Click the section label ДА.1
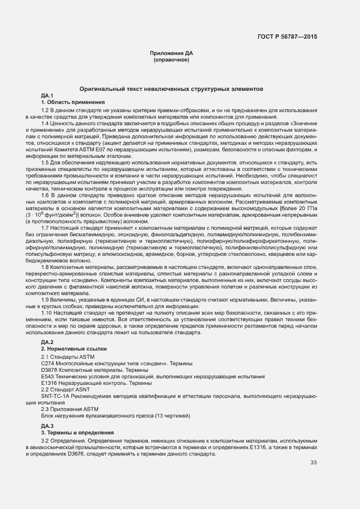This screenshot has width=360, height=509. (x=47, y=96)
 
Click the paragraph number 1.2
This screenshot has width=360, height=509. (x=45, y=111)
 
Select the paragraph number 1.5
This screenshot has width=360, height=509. (x=45, y=162)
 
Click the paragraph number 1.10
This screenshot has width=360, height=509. (x=47, y=312)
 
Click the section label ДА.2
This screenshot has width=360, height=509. (x=47, y=342)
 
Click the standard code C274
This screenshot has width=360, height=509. (x=47, y=363)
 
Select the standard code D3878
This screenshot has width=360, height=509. (x=49, y=370)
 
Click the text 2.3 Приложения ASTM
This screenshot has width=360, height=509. (x=70, y=409)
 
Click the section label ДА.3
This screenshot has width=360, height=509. (x=47, y=425)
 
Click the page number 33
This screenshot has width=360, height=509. (x=313, y=463)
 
